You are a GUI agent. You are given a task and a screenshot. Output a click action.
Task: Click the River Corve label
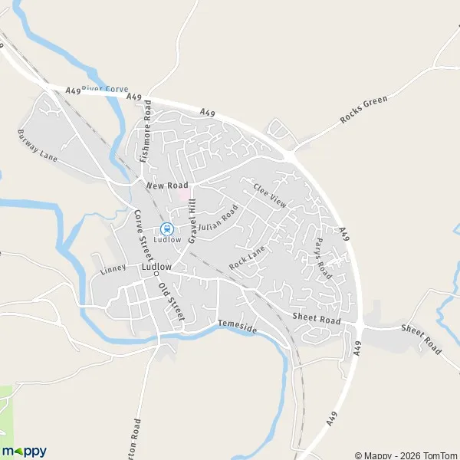point(105,89)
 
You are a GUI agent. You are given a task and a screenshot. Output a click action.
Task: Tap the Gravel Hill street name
point(189,219)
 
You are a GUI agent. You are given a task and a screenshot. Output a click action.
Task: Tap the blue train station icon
point(166,227)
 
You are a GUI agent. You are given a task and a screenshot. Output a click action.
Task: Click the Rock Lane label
point(246,256)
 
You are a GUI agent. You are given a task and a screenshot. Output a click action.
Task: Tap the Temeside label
point(235,327)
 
